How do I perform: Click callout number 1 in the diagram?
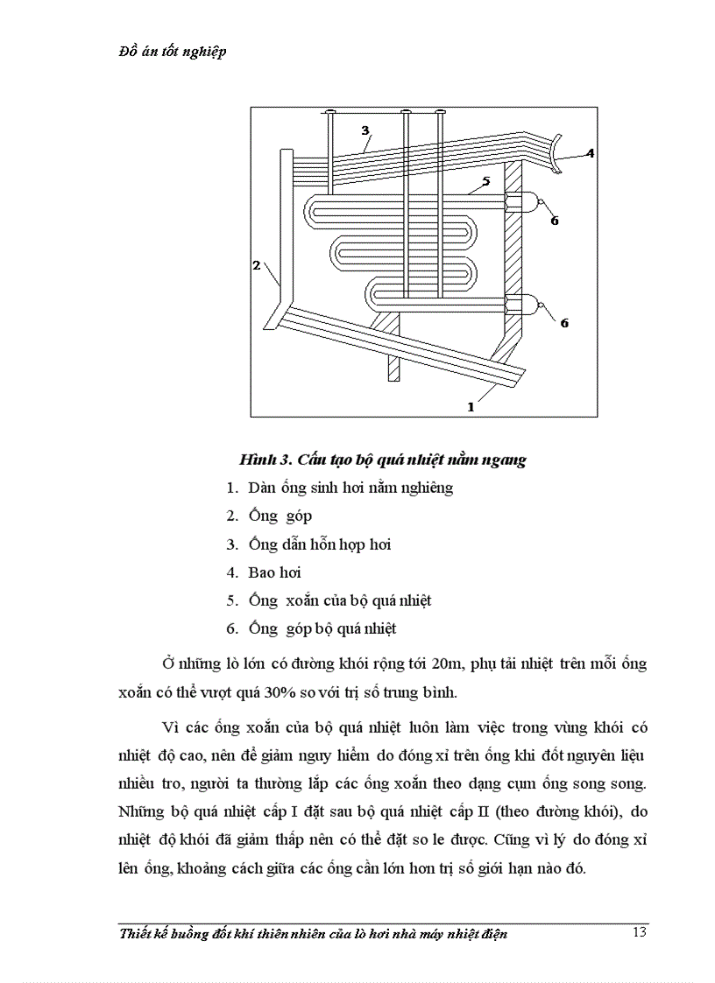click(471, 406)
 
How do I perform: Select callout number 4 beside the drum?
click(591, 153)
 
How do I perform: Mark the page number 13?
click(639, 931)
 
